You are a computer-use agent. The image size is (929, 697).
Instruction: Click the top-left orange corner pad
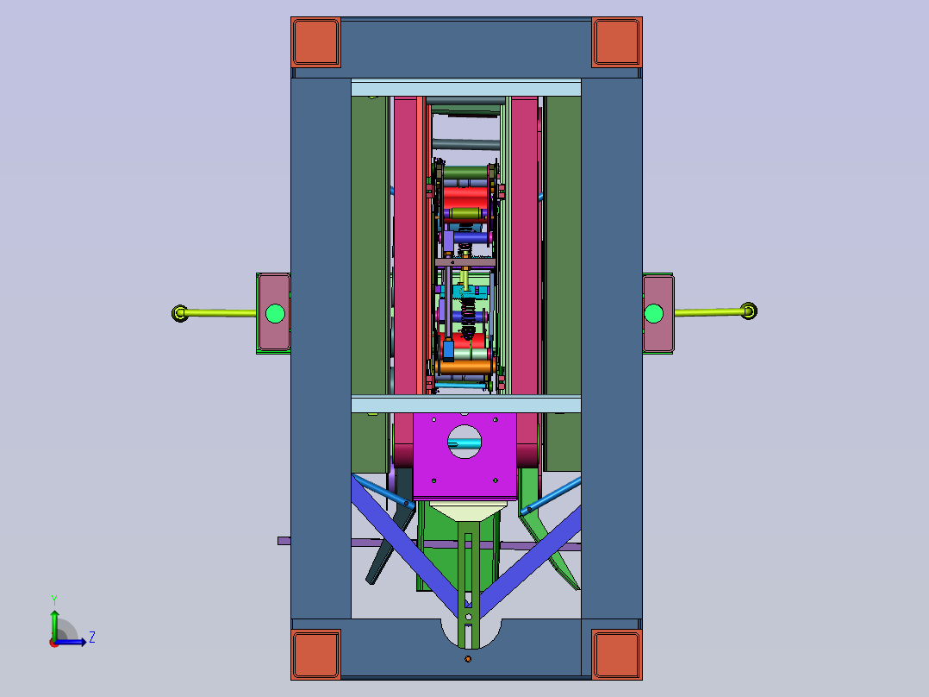[315, 42]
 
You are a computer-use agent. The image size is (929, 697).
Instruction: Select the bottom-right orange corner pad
[617, 654]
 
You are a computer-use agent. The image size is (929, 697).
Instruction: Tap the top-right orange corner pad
[617, 42]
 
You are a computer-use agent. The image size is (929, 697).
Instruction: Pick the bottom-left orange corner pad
[315, 654]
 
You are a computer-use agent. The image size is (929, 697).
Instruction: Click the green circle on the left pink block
[275, 313]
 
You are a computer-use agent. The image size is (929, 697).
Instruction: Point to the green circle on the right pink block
[653, 313]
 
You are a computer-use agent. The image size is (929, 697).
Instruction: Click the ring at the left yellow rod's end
[179, 312]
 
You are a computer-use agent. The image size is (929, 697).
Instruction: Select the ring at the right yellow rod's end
[749, 311]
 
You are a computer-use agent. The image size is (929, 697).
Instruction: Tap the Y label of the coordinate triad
[54, 600]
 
